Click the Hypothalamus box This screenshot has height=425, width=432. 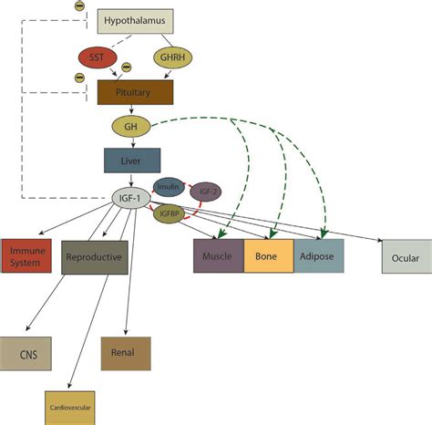pyautogui.click(x=135, y=20)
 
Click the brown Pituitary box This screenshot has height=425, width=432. pyautogui.click(x=135, y=92)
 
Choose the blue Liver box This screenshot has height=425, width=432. pyautogui.click(x=132, y=161)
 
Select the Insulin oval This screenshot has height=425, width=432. pyautogui.click(x=169, y=187)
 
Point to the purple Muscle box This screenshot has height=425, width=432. pyautogui.click(x=218, y=257)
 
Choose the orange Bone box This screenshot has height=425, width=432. pyautogui.click(x=269, y=257)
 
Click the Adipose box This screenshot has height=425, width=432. pyautogui.click(x=318, y=257)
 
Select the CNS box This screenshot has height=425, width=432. pyautogui.click(x=26, y=352)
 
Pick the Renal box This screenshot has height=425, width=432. pyautogui.click(x=125, y=352)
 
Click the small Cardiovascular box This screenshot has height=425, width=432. pyautogui.click(x=69, y=406)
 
